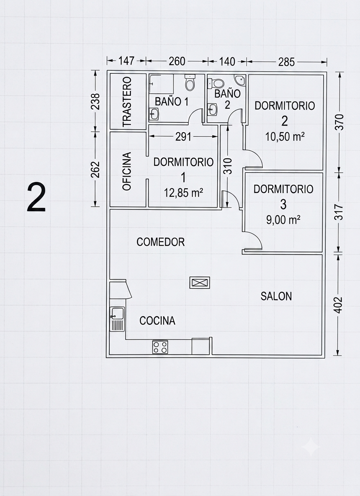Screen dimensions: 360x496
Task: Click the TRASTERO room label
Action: coord(127,101)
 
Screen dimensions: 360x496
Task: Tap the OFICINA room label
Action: coord(127,171)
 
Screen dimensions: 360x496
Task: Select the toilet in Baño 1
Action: coord(190,82)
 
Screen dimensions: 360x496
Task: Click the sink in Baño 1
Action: coord(153,114)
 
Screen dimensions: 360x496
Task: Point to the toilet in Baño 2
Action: coord(216,83)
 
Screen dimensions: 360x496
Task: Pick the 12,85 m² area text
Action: coord(183,193)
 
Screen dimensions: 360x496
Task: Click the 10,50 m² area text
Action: coord(285,137)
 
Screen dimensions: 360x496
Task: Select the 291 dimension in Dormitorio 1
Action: coord(183,137)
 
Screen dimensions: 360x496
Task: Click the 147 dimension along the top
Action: coord(126,61)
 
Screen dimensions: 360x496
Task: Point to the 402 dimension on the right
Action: coord(338,305)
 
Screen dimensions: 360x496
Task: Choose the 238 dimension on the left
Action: coord(96,101)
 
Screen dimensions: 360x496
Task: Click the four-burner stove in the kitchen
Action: coord(160,347)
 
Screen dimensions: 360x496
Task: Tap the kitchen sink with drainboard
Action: coord(117,319)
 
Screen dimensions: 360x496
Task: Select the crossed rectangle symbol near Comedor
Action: coord(200,282)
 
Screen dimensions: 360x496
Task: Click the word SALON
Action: coord(276,296)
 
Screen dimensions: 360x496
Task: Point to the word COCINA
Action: coord(157,320)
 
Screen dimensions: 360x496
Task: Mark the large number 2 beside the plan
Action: coord(36,197)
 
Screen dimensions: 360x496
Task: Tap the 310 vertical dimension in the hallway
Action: coord(227,166)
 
